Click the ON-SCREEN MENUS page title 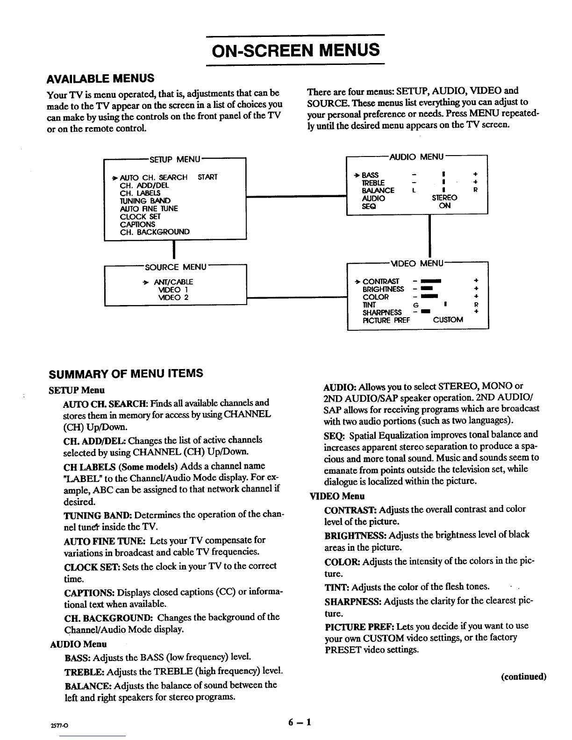[295, 50]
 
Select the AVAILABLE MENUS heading [100, 78]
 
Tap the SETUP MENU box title [174, 159]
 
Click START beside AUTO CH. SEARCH [207, 178]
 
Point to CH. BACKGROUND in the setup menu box [155, 232]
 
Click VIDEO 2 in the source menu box [173, 298]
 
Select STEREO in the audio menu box [444, 198]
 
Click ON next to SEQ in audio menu [445, 206]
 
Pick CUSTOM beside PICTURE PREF [448, 320]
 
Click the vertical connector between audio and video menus [429, 236]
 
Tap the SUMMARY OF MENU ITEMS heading [126, 373]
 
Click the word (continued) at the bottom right [523, 676]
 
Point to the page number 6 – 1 [300, 722]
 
